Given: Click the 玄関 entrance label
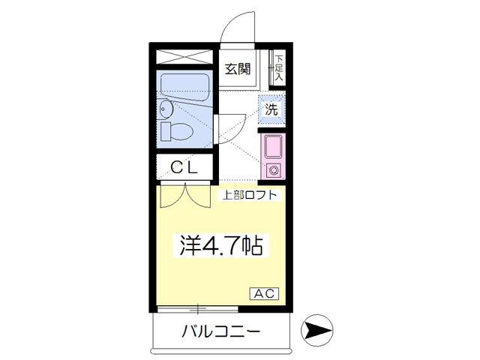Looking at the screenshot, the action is tap(238, 69).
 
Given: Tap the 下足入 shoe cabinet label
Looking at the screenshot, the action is tap(278, 68).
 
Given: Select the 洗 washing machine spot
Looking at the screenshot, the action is tap(271, 109).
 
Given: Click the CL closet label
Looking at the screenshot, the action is tap(184, 167).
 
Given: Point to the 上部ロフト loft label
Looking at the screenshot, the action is tap(250, 195).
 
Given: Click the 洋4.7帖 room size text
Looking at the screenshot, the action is tap(220, 245).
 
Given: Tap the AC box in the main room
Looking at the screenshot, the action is tap(265, 293).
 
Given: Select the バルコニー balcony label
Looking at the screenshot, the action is tap(221, 331).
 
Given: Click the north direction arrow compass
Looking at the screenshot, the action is tap(316, 331).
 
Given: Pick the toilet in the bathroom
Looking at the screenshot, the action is tap(177, 131).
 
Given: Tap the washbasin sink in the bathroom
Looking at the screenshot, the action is tap(166, 109).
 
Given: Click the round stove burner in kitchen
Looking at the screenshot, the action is tap(272, 169).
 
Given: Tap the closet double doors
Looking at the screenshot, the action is tap(185, 195).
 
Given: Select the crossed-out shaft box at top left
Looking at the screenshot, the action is tap(184, 57).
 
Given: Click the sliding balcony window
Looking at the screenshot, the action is tap(198, 309).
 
